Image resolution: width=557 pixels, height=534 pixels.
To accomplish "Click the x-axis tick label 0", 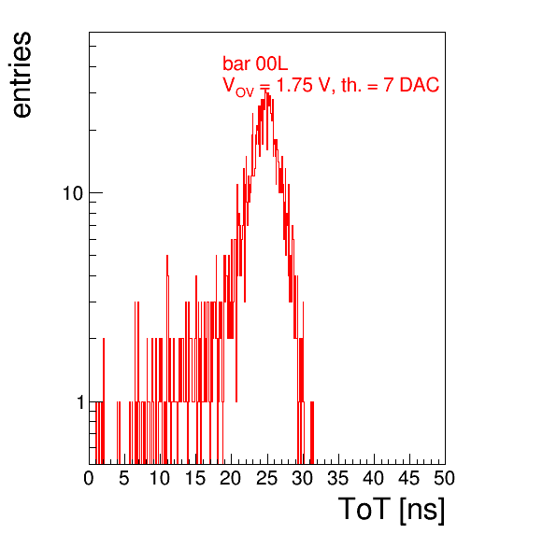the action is pos(89,478).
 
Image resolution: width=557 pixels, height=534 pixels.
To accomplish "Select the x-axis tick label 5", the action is pos(124,478).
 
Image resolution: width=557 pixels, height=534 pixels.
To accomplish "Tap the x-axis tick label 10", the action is pos(160,478).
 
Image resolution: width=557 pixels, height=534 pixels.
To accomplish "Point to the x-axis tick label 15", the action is pos(195,478).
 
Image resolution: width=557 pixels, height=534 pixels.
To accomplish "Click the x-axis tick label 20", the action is pos(231,478).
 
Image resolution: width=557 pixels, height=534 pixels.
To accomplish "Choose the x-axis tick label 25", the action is pos(266,478).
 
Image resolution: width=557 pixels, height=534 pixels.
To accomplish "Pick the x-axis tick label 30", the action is pos(302,478).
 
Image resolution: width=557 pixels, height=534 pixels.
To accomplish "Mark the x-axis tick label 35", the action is pos(337,478).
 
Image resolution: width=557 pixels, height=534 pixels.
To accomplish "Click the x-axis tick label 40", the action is pos(373,478).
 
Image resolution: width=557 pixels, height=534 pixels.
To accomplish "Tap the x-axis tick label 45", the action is pos(408,478).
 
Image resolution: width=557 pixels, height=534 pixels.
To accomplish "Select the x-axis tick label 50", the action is pos(445,478).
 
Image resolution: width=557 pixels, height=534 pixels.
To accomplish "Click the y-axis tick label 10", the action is pos(73,193).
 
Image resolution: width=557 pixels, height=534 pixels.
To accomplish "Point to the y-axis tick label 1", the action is pos(80,402).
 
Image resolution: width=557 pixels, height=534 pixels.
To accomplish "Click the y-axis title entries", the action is pos(21,75).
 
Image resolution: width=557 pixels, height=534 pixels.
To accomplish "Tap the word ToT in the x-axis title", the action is pos(364,509).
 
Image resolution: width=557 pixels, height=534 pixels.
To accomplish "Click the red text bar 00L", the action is pos(255,63).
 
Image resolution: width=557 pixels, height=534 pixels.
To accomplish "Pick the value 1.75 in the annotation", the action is pos(294,85).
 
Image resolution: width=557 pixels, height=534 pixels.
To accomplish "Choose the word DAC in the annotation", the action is pos(420,85).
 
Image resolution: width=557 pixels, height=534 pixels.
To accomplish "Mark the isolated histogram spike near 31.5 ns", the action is pos(312,433).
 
